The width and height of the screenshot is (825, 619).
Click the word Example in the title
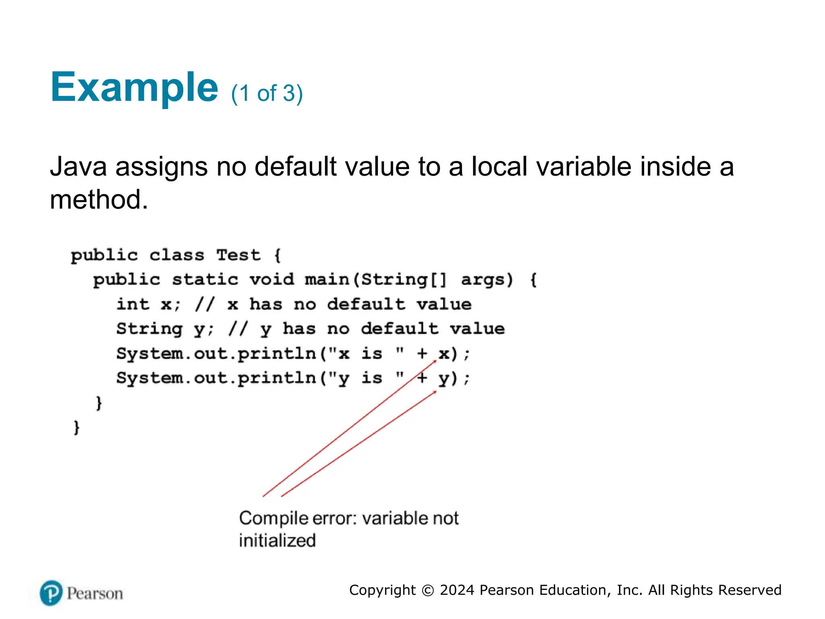[134, 87]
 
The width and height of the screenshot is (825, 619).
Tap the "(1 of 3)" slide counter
[267, 93]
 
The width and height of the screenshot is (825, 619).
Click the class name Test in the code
[238, 255]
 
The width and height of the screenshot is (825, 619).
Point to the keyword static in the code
[205, 280]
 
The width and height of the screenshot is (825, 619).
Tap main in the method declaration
[327, 280]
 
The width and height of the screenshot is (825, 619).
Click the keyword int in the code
[133, 304]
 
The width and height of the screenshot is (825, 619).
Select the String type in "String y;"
[149, 329]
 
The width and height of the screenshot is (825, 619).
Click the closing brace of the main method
[99, 403]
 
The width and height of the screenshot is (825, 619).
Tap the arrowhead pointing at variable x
[435, 361]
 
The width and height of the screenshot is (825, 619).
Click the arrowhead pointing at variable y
[435, 392]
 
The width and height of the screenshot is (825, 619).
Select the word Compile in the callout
[275, 519]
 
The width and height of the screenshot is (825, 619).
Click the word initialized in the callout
[277, 540]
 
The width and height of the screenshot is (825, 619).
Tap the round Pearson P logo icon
[51, 593]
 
